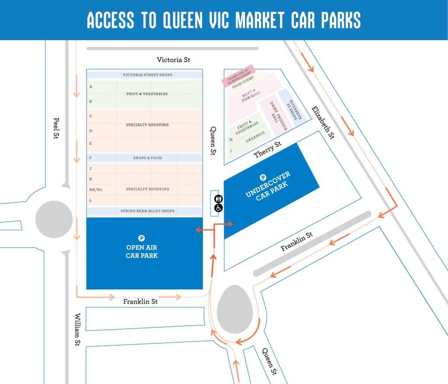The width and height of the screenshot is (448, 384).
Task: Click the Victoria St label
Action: click(174, 59)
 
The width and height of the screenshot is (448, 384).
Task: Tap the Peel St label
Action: click(56, 128)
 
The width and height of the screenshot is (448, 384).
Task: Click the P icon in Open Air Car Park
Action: click(141, 238)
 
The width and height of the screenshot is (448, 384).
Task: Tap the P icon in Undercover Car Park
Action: click(263, 178)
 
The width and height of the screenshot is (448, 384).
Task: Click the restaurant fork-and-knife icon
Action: click(218, 199)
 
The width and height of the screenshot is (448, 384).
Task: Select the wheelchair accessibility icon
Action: click(218, 208)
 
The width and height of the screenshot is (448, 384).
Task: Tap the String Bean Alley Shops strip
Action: click(144, 211)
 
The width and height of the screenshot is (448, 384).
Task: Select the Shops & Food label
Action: click(144, 158)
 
